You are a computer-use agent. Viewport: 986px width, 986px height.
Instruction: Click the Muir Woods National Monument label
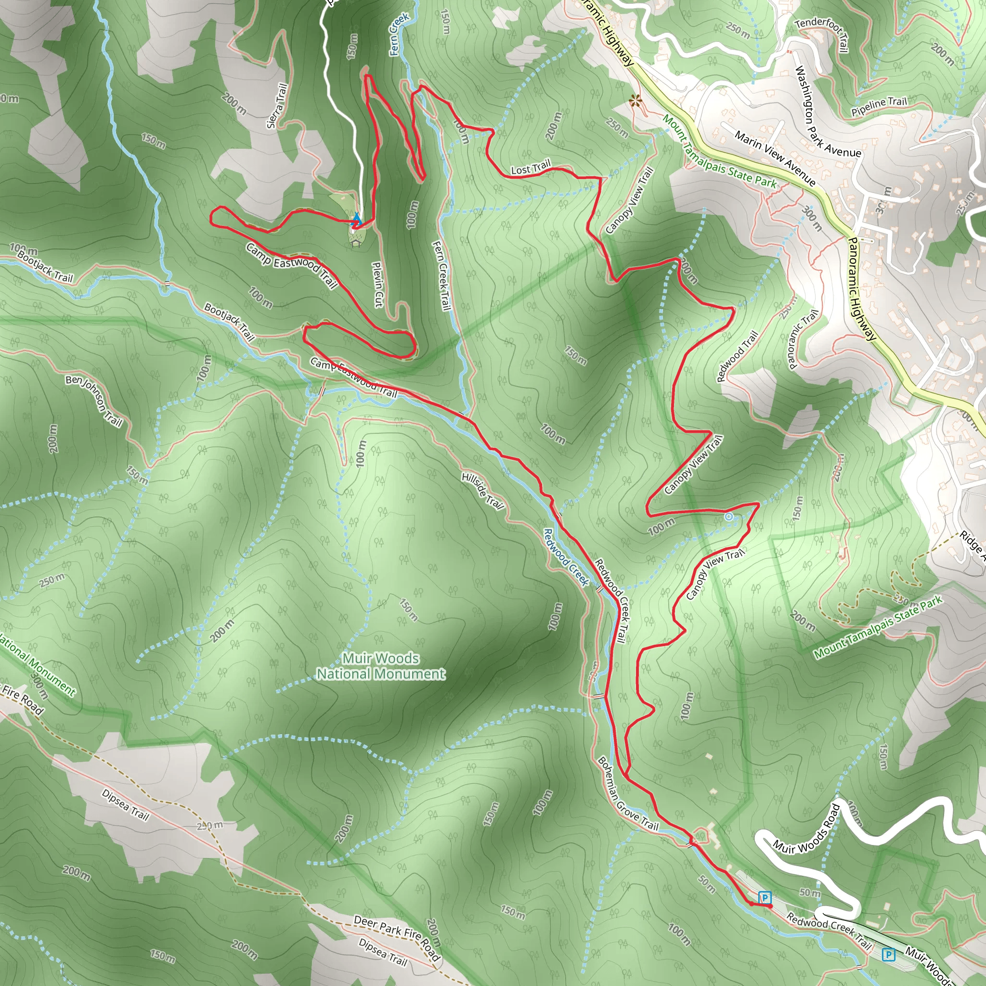[381, 666]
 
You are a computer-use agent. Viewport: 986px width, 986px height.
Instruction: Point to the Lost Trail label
[531, 168]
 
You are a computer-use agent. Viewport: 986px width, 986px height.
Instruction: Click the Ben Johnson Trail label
[94, 401]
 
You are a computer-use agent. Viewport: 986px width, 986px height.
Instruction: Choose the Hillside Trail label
[482, 491]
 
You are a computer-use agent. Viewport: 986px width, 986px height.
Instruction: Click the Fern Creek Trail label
[442, 275]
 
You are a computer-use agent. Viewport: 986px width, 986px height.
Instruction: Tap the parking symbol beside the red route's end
[765, 897]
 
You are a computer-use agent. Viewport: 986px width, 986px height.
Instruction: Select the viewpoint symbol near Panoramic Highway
[635, 101]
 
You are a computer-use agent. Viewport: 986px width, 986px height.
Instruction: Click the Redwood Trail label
[737, 356]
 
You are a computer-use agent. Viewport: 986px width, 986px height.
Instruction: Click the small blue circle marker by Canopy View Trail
[729, 517]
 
